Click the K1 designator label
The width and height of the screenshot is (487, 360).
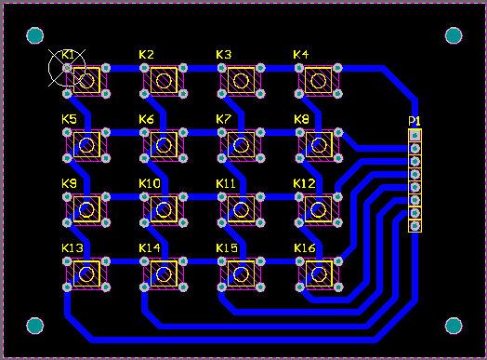pyautogui.click(x=67, y=55)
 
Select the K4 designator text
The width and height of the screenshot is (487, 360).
pyautogui.click(x=300, y=55)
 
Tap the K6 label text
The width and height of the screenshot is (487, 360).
pyautogui.click(x=146, y=119)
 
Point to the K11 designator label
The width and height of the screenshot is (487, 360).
pyautogui.click(x=226, y=183)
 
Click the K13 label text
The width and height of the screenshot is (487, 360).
pyautogui.click(x=72, y=248)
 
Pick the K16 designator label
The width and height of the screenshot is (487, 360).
pyautogui.click(x=304, y=248)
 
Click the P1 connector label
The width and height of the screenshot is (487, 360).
pyautogui.click(x=415, y=122)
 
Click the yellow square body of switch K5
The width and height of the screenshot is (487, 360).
pyautogui.click(x=88, y=145)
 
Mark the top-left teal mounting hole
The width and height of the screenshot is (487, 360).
pyautogui.click(x=35, y=36)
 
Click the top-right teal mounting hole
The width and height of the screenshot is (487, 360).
pyautogui.click(x=454, y=36)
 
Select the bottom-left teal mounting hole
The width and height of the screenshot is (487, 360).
pyautogui.click(x=35, y=326)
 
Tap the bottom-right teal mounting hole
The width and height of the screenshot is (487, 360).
pyautogui.click(x=454, y=326)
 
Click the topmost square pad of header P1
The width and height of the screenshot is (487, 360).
pyautogui.click(x=415, y=136)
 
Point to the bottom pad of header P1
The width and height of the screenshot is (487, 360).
pyautogui.click(x=415, y=225)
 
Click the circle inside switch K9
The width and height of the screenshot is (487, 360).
pyautogui.click(x=88, y=209)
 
